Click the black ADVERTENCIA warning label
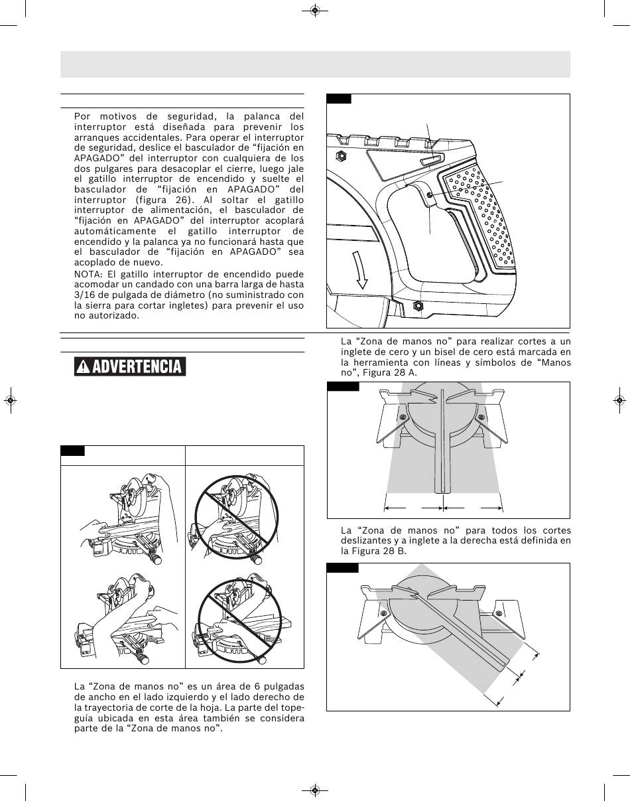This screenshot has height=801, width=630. coord(131,366)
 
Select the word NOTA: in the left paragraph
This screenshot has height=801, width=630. coord(89,274)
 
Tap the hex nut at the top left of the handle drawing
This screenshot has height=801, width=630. coord(342,157)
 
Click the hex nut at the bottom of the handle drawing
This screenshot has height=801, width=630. coord(418,305)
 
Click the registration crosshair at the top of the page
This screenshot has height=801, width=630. coord(315,11)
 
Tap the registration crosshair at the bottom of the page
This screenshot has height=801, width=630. coord(315,790)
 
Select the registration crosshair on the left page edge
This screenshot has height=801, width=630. coord(11,401)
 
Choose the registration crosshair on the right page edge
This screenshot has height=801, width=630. coord(619,401)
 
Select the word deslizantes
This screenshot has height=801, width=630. coord(364,541)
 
